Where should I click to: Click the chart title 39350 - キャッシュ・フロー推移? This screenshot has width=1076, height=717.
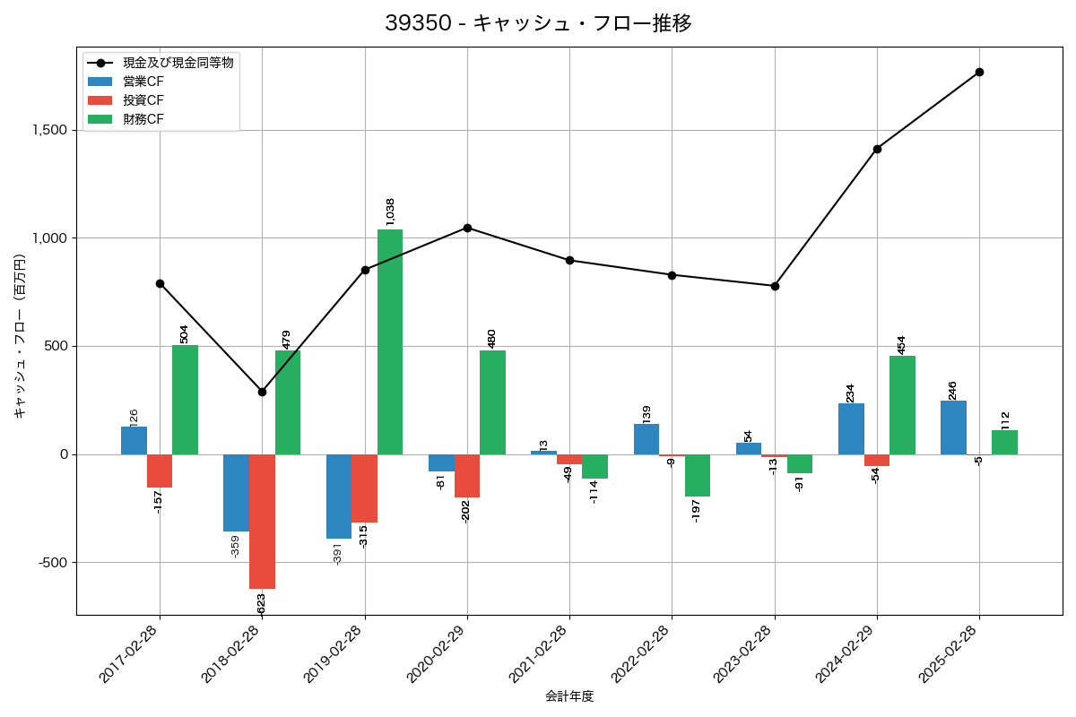[538, 23]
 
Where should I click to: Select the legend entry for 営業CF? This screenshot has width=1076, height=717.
[143, 82]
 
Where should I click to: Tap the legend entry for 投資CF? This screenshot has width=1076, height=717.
[143, 99]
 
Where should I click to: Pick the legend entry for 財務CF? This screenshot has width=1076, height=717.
[143, 118]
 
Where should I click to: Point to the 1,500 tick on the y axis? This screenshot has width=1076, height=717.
[48, 130]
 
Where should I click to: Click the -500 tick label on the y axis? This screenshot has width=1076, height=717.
[51, 563]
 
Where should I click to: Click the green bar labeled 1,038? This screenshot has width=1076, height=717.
[390, 341]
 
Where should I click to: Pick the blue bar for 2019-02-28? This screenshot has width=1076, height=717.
[339, 497]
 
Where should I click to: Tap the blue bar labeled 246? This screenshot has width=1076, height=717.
[953, 428]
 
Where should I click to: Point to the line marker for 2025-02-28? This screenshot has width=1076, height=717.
[979, 72]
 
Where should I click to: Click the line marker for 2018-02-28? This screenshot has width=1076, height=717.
[262, 392]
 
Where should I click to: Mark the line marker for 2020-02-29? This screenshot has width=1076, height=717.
[467, 228]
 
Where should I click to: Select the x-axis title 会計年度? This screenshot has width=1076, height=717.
[569, 696]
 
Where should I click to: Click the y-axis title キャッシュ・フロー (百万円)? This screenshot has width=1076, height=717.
[20, 336]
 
